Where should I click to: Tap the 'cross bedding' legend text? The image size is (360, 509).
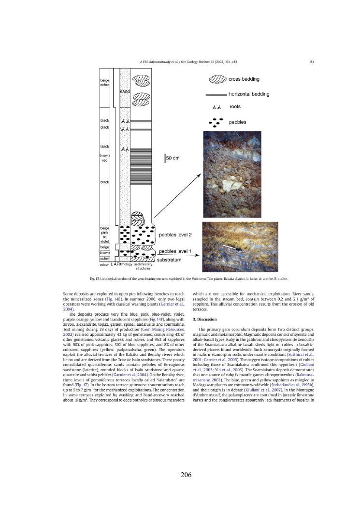[x=244, y=79]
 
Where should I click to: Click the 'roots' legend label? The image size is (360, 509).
[x=235, y=107]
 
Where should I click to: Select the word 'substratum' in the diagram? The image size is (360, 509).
[x=173, y=260]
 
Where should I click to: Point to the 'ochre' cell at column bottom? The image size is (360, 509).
[x=104, y=259]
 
